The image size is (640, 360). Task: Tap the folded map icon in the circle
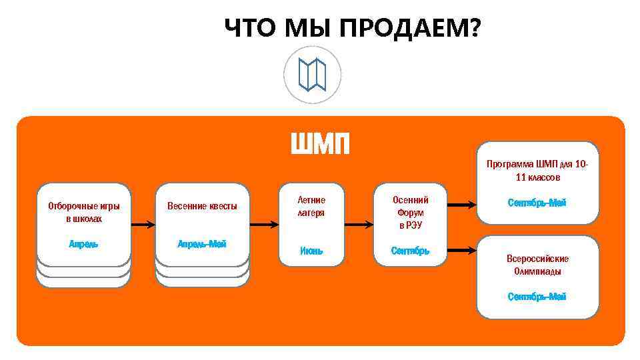(312, 74)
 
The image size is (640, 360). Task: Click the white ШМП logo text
(320, 143)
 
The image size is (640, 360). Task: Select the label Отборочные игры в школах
(84, 212)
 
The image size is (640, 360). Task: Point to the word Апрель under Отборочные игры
(84, 244)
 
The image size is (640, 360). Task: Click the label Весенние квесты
(202, 206)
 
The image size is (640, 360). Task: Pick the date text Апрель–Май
(202, 244)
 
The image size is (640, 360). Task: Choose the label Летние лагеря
(311, 206)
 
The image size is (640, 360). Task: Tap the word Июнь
(311, 251)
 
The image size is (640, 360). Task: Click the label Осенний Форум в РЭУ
(410, 213)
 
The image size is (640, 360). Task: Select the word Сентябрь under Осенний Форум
(410, 251)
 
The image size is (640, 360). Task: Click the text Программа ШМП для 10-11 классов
(537, 171)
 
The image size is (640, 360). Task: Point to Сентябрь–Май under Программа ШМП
(537, 203)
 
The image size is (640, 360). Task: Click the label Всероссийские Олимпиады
(537, 265)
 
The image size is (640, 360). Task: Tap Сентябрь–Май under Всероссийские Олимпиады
(537, 297)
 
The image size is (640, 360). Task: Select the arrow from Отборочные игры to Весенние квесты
(142, 206)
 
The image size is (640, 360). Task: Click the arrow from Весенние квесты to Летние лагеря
(263, 206)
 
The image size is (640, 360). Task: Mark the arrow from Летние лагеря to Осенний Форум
(360, 206)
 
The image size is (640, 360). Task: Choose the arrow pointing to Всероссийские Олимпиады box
(461, 251)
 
